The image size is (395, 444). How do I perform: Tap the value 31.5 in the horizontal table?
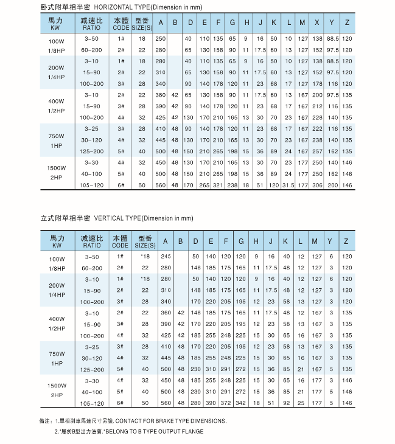tap(288, 185)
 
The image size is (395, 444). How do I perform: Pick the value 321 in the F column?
tap(218, 185)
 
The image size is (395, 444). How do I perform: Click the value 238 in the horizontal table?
tap(232, 185)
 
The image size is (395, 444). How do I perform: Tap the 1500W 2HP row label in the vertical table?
tap(56, 390)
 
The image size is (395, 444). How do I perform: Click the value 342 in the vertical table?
tap(240, 403)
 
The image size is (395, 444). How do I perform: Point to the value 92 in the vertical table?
tap(285, 403)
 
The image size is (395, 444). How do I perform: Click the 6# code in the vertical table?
tap(120, 403)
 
